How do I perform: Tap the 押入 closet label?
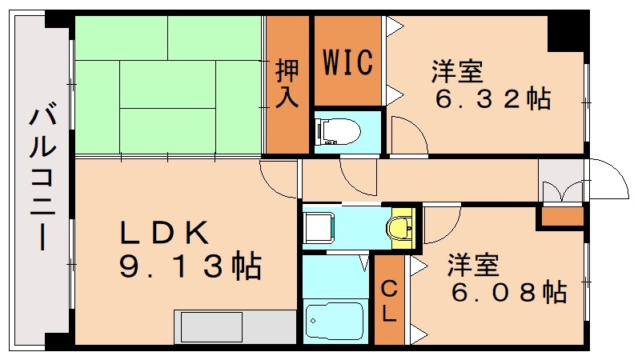tap(287, 83)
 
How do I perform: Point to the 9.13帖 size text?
tap(190, 266)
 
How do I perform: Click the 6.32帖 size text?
tap(492, 99)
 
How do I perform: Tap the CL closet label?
tap(389, 300)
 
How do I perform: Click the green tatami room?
tap(168, 84)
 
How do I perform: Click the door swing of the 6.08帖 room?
tap(442, 224)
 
